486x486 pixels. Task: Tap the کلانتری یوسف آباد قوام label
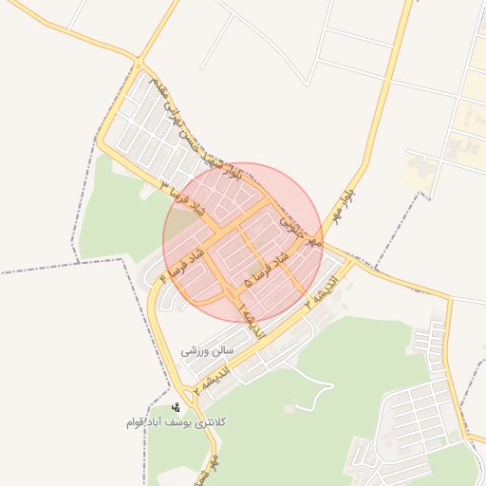[178, 421]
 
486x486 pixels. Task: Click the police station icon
[176, 407]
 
